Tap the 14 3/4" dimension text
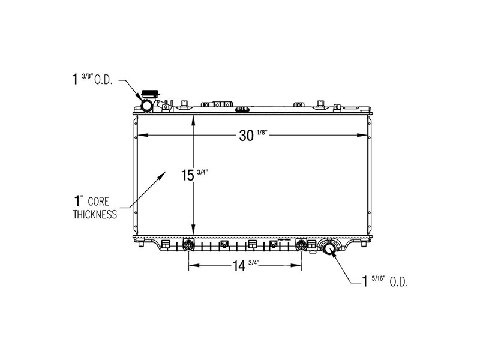coord(246,266)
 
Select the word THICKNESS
coord(95,215)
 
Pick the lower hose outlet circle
coord(329,247)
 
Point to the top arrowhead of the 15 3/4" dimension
coord(193,119)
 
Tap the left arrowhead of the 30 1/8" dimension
coord(140,135)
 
